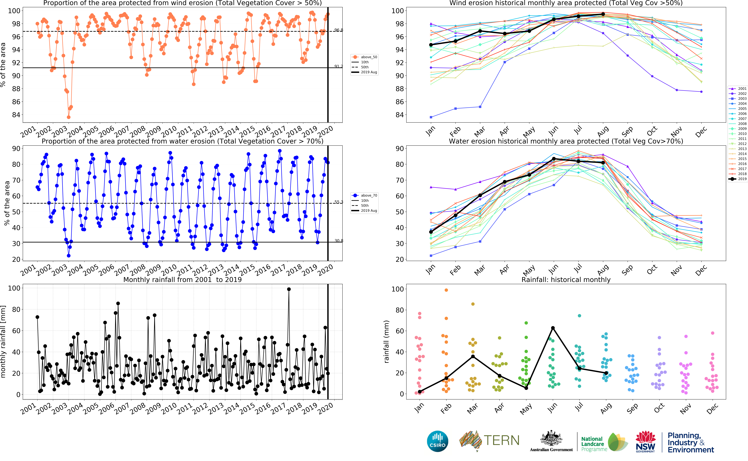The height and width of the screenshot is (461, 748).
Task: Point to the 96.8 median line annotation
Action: [x=338, y=30]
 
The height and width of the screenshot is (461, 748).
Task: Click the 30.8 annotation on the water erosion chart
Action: [x=338, y=241]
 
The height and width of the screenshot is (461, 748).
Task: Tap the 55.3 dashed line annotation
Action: [x=338, y=202]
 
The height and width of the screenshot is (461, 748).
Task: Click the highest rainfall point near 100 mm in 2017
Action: [x=289, y=289]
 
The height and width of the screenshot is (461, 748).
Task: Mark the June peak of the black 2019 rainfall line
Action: [x=553, y=328]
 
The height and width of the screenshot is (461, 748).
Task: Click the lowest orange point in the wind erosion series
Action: [x=69, y=117]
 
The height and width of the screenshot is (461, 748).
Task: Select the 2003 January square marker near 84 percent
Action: [x=431, y=117]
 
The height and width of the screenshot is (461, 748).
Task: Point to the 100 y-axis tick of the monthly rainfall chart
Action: [x=14, y=288]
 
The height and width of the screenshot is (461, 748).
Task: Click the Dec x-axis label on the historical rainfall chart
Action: [x=712, y=409]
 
